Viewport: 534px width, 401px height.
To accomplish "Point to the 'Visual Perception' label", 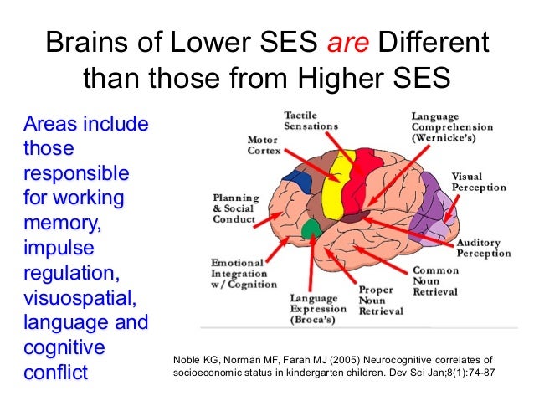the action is [x=478, y=182].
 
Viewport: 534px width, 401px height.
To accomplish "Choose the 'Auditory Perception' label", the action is [x=483, y=248].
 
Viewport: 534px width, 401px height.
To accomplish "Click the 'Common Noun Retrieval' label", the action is [x=435, y=282].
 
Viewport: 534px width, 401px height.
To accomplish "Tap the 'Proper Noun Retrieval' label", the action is [x=382, y=300].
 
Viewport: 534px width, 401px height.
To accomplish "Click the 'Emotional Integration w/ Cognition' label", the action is [x=243, y=273].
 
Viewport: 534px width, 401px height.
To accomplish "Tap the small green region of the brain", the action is [x=312, y=227].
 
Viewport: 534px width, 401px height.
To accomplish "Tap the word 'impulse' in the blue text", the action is [x=59, y=249].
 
